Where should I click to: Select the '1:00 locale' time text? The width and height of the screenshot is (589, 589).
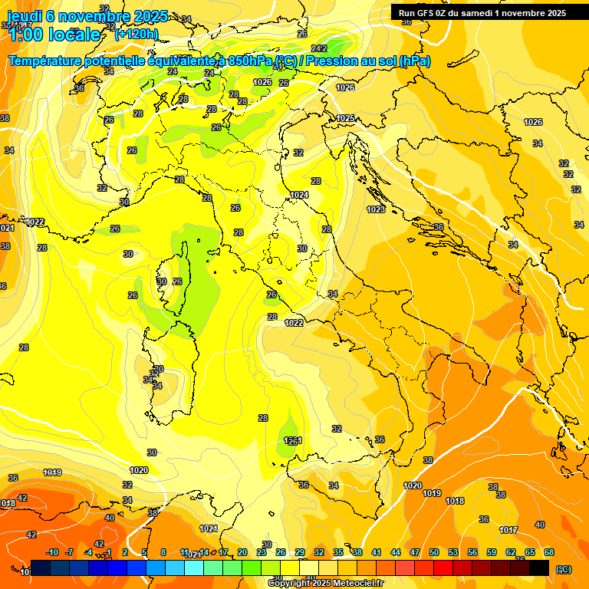(54, 35)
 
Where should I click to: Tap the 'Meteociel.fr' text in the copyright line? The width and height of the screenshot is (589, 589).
(351, 583)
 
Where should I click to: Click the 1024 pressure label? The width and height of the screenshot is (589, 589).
(299, 196)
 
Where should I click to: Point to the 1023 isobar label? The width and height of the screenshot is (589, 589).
(376, 209)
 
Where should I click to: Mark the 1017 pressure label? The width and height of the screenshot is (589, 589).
(508, 530)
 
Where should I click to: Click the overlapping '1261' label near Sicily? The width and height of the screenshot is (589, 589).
(293, 441)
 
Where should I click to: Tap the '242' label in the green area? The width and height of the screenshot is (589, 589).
(320, 50)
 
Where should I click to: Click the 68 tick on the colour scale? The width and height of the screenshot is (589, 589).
(548, 552)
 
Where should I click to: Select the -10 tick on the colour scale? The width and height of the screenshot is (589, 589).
(52, 552)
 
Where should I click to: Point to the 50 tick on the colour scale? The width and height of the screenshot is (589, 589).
(434, 552)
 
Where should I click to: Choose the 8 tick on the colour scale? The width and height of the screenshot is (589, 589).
(163, 552)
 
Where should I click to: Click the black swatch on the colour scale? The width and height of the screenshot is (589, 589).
(539, 568)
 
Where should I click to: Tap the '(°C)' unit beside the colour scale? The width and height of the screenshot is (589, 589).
(564, 568)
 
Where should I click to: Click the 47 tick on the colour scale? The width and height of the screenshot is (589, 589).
(415, 552)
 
